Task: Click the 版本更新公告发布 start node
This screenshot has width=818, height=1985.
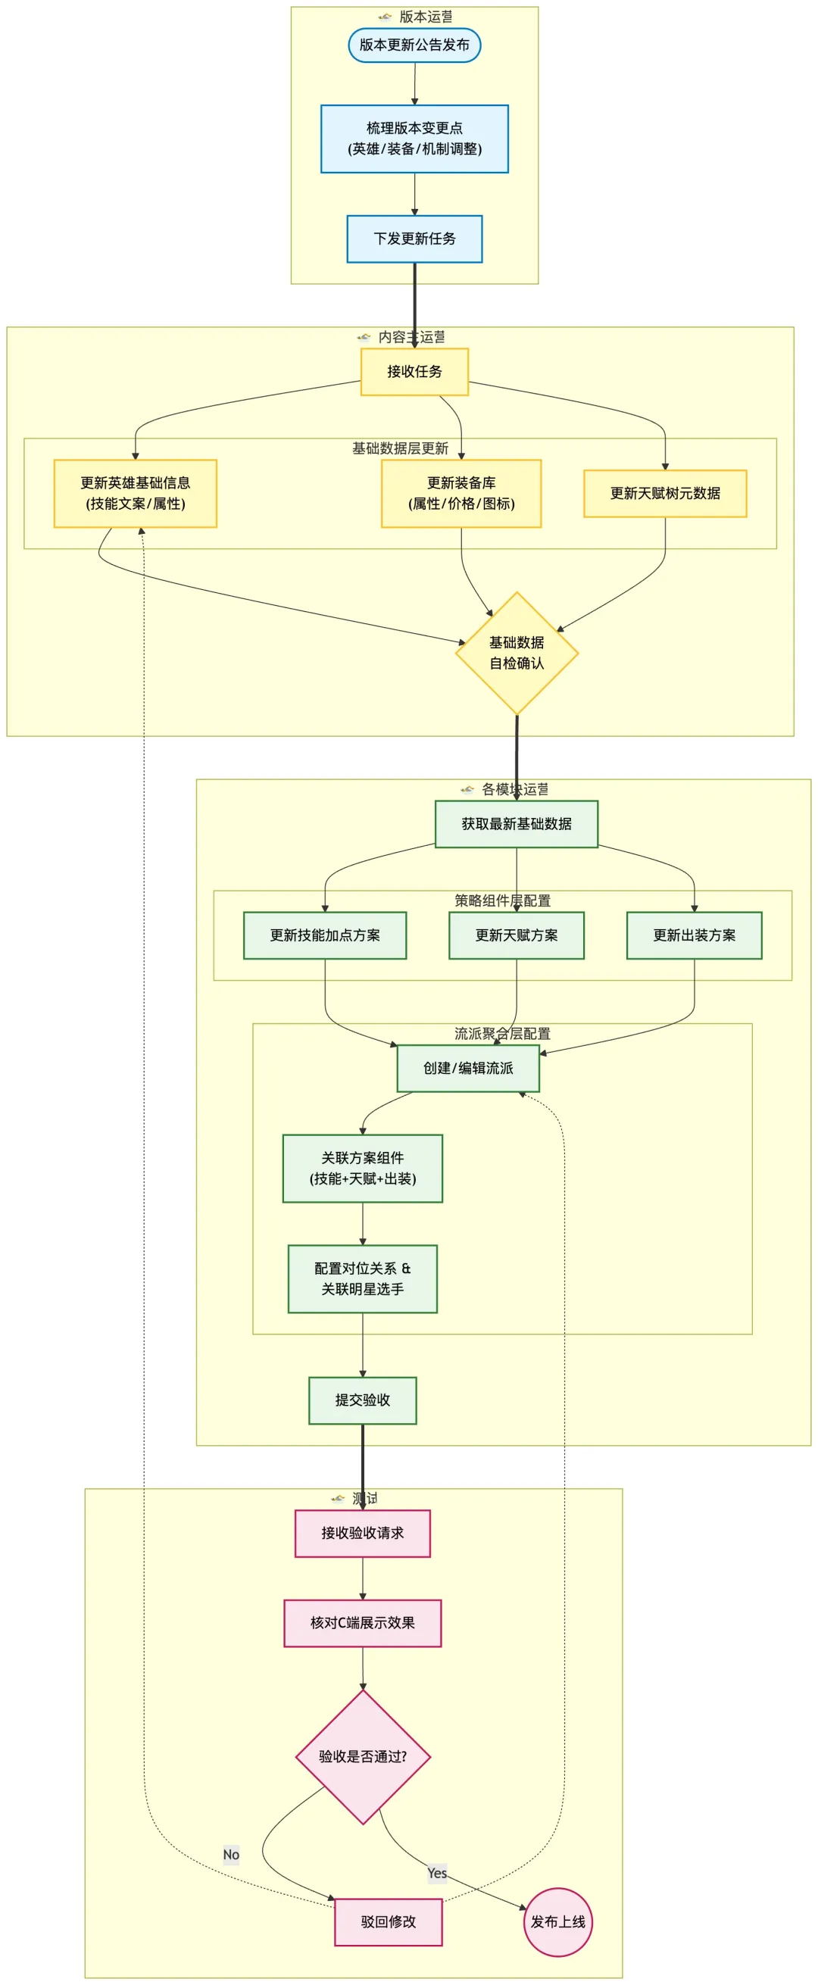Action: pyautogui.click(x=414, y=45)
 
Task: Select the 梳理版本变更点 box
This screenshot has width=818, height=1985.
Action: pyautogui.click(x=414, y=139)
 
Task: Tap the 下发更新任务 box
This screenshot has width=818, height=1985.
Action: pyautogui.click(x=414, y=239)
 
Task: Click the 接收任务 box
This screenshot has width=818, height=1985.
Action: pyautogui.click(x=414, y=371)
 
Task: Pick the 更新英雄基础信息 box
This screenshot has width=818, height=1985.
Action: pyautogui.click(x=135, y=493)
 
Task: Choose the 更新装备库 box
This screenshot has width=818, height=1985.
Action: pyautogui.click(x=461, y=493)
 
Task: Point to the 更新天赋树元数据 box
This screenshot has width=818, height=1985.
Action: pyautogui.click(x=664, y=493)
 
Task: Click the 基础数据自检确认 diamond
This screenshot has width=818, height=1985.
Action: pyautogui.click(x=517, y=653)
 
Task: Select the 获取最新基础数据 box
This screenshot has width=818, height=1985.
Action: pyautogui.click(x=517, y=824)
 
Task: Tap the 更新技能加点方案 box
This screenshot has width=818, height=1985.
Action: pyautogui.click(x=325, y=935)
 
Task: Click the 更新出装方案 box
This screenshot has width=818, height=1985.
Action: pyautogui.click(x=694, y=935)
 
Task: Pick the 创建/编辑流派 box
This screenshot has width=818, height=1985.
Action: pyautogui.click(x=468, y=1068)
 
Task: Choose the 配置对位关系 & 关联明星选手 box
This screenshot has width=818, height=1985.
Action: pyautogui.click(x=362, y=1278)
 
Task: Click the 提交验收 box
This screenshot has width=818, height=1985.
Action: pyautogui.click(x=362, y=1400)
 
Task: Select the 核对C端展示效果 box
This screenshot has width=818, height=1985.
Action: pyautogui.click(x=362, y=1623)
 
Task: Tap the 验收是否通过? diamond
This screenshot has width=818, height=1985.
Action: pyautogui.click(x=362, y=1757)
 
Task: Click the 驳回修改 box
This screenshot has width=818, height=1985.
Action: pyautogui.click(x=388, y=1922)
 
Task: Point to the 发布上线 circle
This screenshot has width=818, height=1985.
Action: pyautogui.click(x=557, y=1922)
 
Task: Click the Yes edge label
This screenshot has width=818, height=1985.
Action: pyautogui.click(x=437, y=1873)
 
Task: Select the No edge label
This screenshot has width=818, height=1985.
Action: pyautogui.click(x=231, y=1855)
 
